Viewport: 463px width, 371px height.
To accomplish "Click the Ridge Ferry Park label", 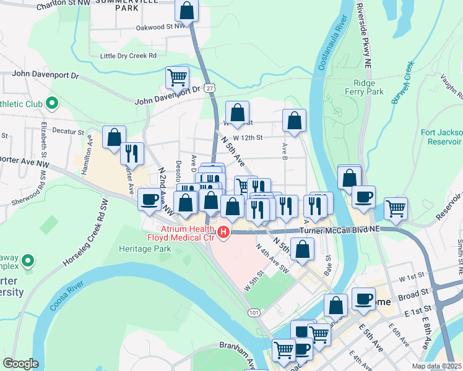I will coord(369,87).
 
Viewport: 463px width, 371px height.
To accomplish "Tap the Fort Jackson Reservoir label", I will coord(441,136).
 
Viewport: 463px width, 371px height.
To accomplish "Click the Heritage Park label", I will coord(144,249).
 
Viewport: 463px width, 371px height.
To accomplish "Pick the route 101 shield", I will coord(254,313).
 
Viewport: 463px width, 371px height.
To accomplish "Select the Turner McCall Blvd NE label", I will coord(339,229).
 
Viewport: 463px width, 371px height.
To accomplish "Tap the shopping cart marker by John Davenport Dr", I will coord(177,78).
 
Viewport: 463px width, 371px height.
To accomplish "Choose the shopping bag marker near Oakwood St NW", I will coord(186,11).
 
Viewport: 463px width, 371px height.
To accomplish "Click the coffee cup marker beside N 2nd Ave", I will coord(149,200).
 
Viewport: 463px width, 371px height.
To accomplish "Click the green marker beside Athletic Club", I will coord(52,103).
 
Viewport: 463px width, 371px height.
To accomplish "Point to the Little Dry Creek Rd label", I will coord(129,56).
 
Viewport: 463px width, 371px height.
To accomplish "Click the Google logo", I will coord(20,363).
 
